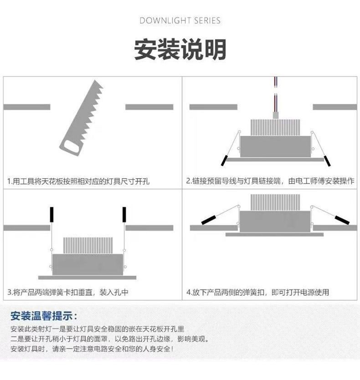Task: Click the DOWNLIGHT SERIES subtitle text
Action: tap(180, 21)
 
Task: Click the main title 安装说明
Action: tap(180, 49)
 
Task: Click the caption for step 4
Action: tap(257, 292)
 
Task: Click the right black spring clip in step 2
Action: tap(327, 160)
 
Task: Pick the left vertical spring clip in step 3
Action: tap(51, 215)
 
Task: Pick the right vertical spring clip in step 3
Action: tap(123, 215)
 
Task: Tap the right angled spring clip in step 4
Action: tap(341, 219)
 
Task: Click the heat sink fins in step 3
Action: tap(87, 245)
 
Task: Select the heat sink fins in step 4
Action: tap(275, 202)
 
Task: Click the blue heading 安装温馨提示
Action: tap(44, 316)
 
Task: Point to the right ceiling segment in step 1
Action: tap(149, 107)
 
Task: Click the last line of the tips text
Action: tap(91, 349)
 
